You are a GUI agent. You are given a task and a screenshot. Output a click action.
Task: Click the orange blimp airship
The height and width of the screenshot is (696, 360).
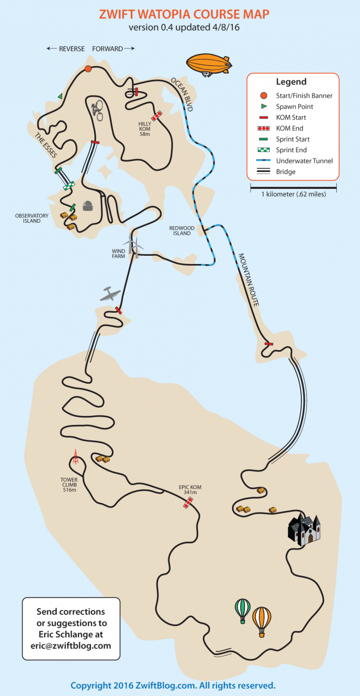tap(209, 64)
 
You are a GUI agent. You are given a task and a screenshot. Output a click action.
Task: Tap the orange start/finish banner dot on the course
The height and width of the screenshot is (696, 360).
tap(88, 69)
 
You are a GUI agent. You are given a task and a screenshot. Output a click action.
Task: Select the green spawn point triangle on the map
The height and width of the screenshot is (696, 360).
tap(60, 96)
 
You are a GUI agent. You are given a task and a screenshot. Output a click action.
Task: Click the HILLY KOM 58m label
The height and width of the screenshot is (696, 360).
tap(145, 129)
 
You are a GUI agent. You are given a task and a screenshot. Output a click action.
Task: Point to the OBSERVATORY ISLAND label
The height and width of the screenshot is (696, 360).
tap(32, 218)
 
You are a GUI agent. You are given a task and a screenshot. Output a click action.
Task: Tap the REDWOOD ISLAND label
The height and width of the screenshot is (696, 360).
tap(182, 231)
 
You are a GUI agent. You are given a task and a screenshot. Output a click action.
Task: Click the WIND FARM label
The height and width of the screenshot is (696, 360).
tap(118, 254)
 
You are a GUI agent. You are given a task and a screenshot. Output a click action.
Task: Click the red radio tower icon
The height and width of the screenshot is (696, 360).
tap(75, 456)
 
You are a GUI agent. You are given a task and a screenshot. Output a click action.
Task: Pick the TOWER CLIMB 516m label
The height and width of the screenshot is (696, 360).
tap(69, 485)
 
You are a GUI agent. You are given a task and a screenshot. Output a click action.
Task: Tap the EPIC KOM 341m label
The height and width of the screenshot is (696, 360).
tap(190, 490)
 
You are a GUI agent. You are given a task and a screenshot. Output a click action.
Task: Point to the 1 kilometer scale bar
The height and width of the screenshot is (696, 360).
tap(293, 188)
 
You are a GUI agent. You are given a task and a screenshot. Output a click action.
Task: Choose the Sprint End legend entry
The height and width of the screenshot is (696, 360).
tap(291, 150)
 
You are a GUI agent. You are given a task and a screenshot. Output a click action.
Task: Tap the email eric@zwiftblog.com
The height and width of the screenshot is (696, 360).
tap(71, 646)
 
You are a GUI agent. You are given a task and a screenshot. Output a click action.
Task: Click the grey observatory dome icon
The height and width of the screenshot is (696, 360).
tap(88, 206)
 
